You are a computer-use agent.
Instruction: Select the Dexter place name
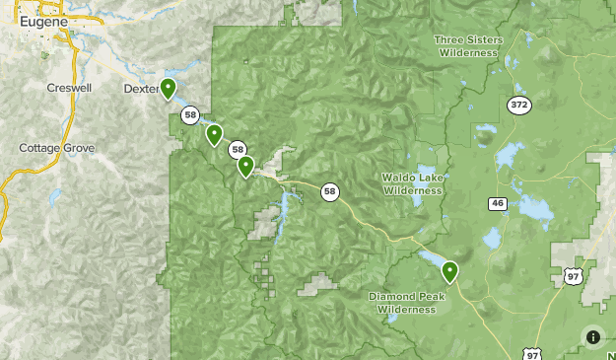click(x=142, y=88)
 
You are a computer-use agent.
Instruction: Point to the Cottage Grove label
click(x=57, y=148)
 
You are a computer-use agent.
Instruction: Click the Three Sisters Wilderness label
click(x=469, y=46)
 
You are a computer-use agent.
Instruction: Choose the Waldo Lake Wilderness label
click(x=414, y=184)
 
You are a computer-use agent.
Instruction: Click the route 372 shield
click(x=519, y=105)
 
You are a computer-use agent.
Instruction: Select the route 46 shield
click(x=497, y=203)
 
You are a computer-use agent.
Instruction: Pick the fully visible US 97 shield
click(x=574, y=277)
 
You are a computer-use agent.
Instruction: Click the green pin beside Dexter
click(x=169, y=89)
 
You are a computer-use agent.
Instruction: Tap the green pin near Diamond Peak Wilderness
click(x=449, y=270)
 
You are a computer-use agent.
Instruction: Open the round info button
click(x=593, y=337)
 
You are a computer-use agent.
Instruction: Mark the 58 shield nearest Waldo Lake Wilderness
click(x=329, y=192)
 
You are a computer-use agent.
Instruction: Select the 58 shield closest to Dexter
click(x=190, y=115)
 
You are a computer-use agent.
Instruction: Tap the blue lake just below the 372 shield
click(x=509, y=156)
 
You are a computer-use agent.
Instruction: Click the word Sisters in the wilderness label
click(x=481, y=39)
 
